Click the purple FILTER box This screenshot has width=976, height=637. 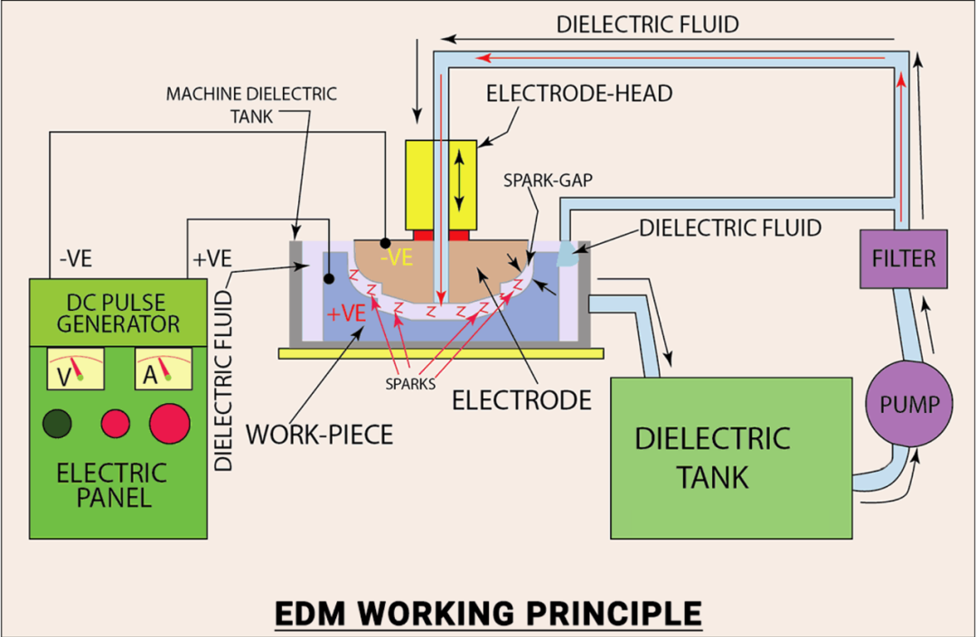coord(904,258)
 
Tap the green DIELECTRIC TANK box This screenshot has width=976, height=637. coord(731,457)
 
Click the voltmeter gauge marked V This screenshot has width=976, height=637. coord(75,370)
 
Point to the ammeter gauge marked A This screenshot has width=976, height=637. coord(163,370)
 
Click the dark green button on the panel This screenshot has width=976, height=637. coord(59,422)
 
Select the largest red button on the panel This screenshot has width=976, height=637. coord(170,423)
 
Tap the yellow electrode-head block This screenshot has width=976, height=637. coord(441,184)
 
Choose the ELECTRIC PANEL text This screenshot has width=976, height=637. coord(112,484)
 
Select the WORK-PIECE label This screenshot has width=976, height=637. coord(320,434)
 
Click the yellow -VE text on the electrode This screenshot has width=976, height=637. coord(396,258)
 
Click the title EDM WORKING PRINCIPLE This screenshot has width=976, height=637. coord(488,613)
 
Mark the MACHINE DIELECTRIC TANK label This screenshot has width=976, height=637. coord(250,104)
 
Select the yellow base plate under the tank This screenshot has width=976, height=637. coord(441,351)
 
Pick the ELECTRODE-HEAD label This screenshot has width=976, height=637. coord(578,93)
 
